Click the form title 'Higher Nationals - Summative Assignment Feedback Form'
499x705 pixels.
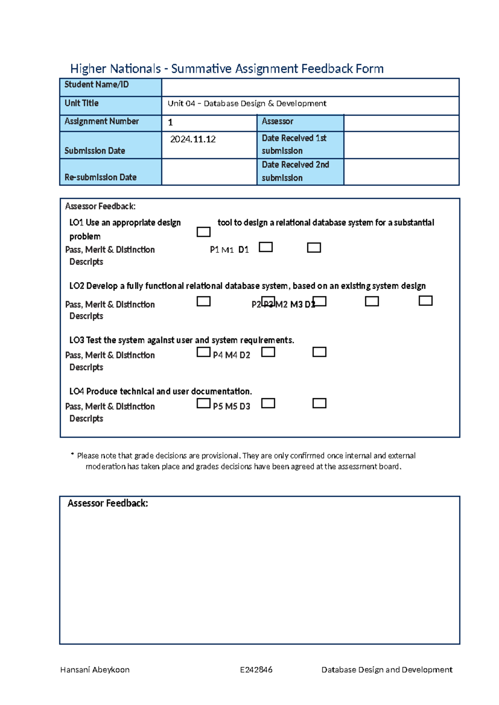(x=227, y=69)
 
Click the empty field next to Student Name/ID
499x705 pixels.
(x=310, y=87)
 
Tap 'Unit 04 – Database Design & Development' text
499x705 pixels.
(x=247, y=104)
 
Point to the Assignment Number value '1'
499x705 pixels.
(x=170, y=123)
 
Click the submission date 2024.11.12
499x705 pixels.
(x=193, y=139)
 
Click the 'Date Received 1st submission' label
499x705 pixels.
(x=294, y=144)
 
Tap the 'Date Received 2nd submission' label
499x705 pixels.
(x=295, y=171)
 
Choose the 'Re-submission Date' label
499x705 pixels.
(x=101, y=177)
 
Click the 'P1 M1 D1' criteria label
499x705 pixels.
(x=229, y=250)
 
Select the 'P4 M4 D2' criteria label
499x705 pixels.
(x=232, y=355)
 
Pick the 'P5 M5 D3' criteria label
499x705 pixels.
(x=232, y=407)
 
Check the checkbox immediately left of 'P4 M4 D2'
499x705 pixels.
(x=203, y=352)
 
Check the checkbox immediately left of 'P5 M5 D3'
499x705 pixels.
(x=203, y=403)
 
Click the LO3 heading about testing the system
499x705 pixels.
(x=182, y=340)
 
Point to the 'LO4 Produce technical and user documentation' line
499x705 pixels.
(x=161, y=392)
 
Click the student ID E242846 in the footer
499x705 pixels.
(x=256, y=670)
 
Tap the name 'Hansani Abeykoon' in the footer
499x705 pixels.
(x=95, y=670)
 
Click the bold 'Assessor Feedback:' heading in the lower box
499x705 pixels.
(x=108, y=503)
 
